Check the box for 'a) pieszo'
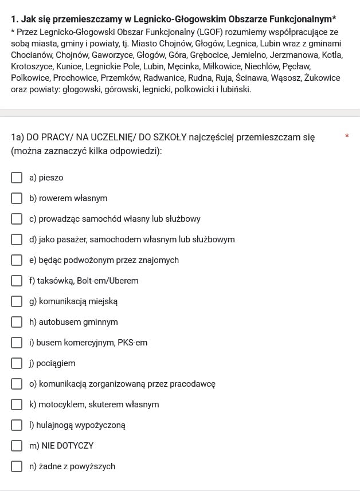tap(17, 178)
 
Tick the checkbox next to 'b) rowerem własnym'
tap(17, 198)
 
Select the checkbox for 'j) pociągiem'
tap(17, 363)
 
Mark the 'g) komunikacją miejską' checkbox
tap(17, 301)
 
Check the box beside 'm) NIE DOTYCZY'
tap(17, 446)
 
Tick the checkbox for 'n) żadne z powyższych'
tap(17, 466)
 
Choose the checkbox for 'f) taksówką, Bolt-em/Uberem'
tap(17, 281)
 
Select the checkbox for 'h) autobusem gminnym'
tap(17, 322)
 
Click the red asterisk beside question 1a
tap(346, 136)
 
